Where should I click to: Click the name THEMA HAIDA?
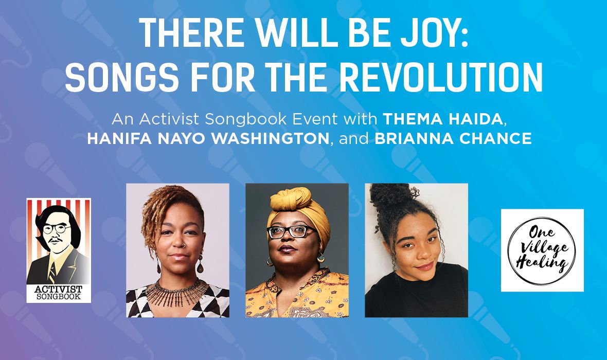tap(442, 119)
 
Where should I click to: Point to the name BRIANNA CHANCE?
tap(453, 138)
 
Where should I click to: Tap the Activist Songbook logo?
tap(59, 250)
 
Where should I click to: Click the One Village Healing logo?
tap(542, 250)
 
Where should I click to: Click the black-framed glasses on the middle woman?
tap(291, 231)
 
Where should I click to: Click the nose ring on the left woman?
tap(184, 245)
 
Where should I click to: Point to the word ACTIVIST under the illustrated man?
tap(59, 289)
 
